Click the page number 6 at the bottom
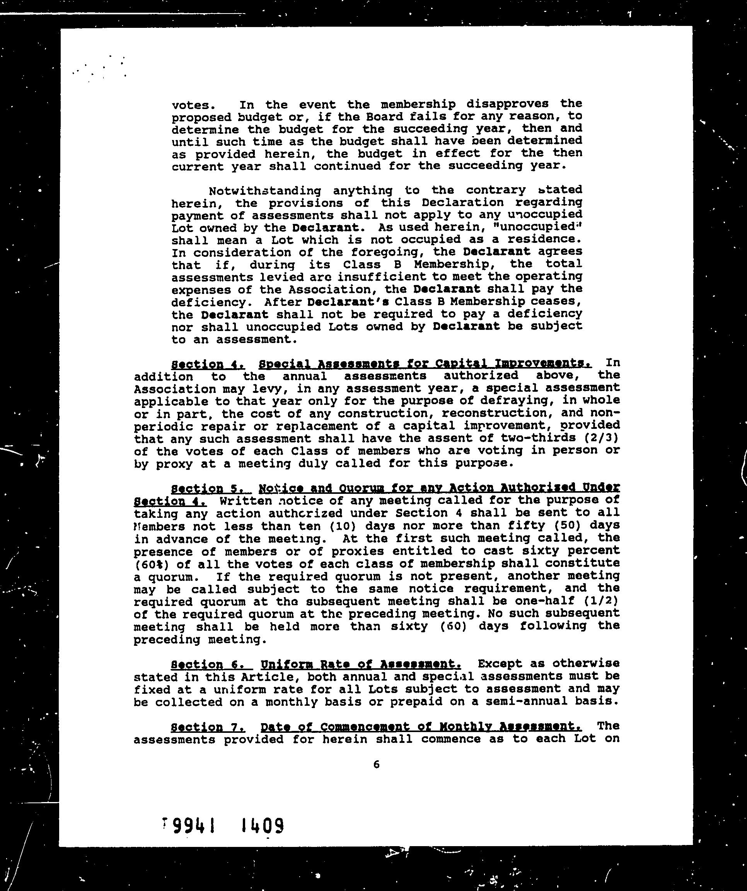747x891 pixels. click(x=376, y=765)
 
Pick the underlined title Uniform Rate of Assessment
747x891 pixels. click(x=361, y=664)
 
